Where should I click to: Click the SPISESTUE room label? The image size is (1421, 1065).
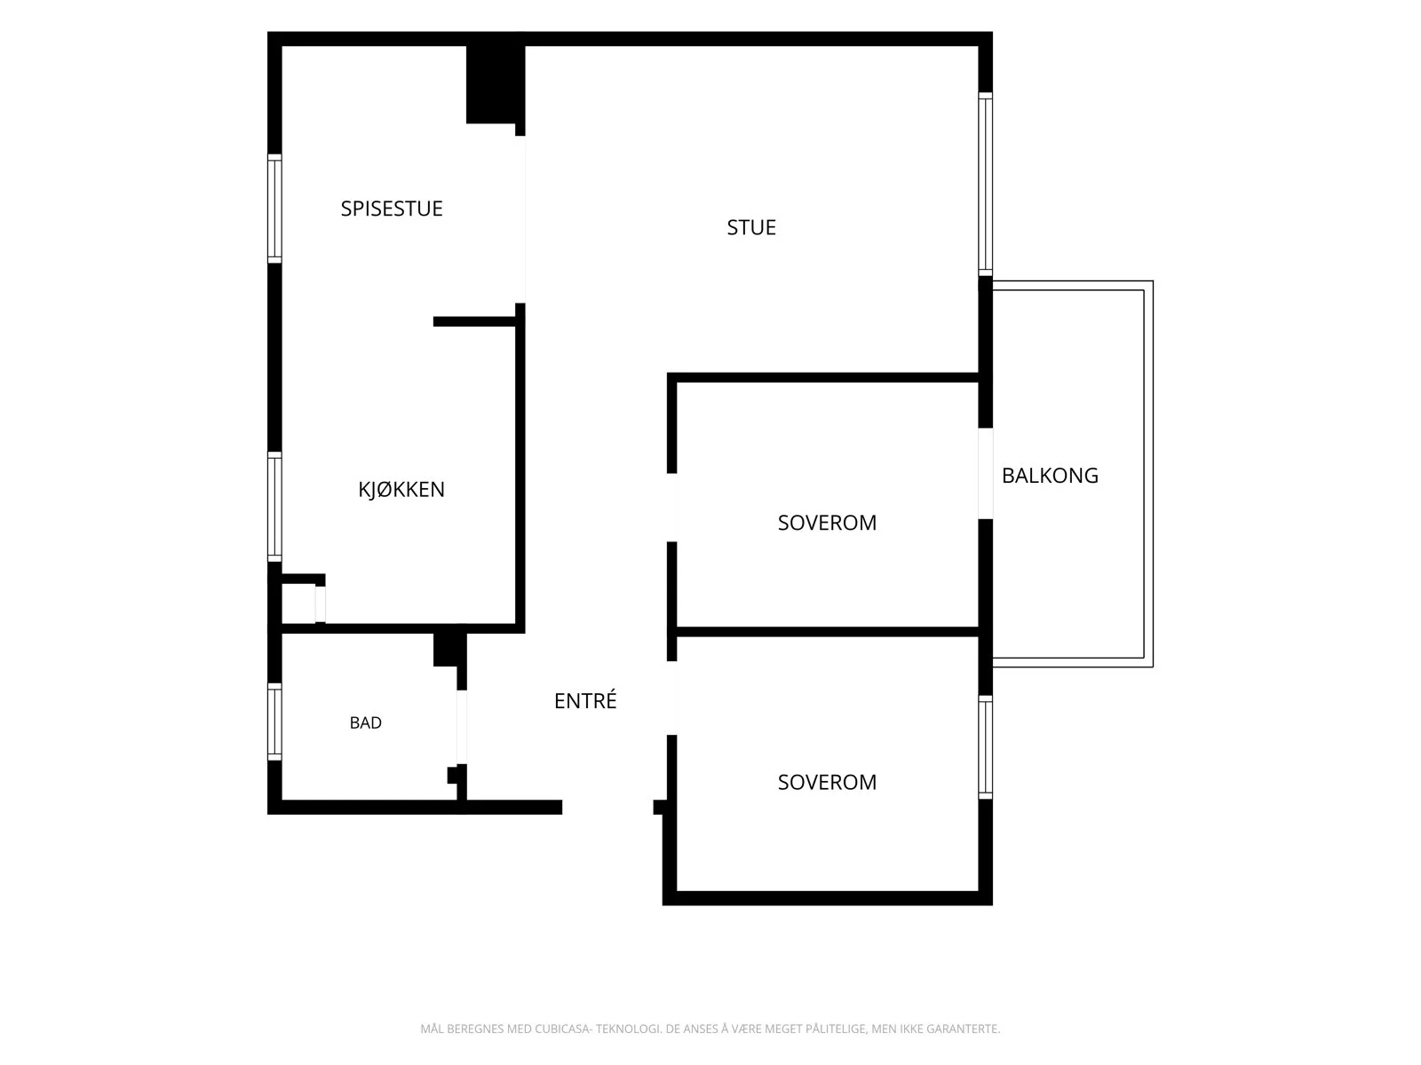392,209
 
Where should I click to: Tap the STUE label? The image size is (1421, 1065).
751,227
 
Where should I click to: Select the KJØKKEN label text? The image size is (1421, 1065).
401,489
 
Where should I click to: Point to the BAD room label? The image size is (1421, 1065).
366,722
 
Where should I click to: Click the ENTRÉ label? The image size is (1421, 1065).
585,699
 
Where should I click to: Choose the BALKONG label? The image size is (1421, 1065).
1050,476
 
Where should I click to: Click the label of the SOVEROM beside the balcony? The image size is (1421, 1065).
827,522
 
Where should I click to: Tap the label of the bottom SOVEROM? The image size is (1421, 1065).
827,782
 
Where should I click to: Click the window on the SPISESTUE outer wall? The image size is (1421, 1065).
274,209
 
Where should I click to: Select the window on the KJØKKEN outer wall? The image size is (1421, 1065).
274,507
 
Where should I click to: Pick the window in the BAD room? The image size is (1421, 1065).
274,722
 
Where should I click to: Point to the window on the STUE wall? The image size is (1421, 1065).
985,185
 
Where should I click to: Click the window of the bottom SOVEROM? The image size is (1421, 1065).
985,747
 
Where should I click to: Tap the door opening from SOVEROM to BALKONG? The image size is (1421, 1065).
985,473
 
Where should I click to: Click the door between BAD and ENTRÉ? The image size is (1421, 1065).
462,728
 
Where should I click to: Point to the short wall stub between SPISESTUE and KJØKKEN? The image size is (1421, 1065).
474,321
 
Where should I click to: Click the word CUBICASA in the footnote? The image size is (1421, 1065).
563,1029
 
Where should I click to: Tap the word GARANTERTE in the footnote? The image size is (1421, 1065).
964,1029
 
